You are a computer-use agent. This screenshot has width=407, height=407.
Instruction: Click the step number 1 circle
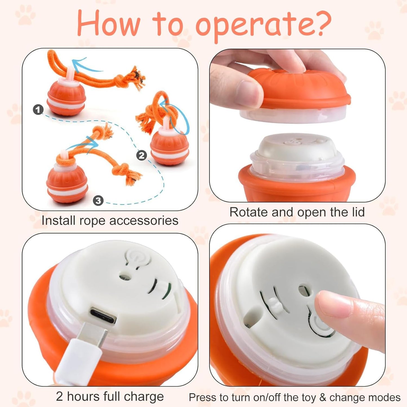coord(38,110)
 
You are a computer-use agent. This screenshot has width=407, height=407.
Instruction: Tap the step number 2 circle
coord(141,155)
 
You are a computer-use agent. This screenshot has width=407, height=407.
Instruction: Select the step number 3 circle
coord(98,200)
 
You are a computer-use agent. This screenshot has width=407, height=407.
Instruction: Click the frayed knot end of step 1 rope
coord(135,78)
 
